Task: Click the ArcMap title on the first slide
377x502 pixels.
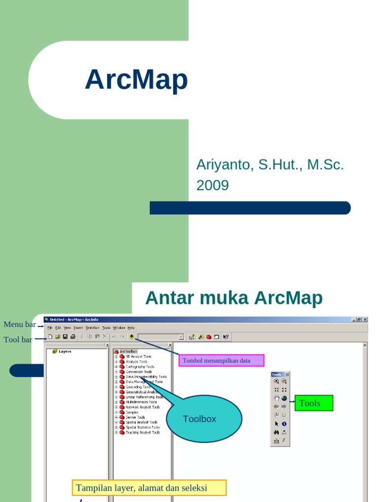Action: pos(136,80)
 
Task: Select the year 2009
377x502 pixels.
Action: pos(212,185)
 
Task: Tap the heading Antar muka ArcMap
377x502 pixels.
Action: pos(234,298)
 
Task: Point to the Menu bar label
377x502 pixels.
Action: pos(20,325)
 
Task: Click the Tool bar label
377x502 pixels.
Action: pos(18,339)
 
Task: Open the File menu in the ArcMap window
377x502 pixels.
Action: pos(50,327)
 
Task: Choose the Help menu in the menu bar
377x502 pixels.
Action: pos(131,327)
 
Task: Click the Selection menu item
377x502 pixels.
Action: pos(92,327)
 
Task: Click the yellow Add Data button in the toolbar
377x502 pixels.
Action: pos(132,337)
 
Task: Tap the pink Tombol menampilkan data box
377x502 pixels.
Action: pos(221,361)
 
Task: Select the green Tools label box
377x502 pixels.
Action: pos(314,403)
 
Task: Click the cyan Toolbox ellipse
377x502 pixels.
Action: pos(204,419)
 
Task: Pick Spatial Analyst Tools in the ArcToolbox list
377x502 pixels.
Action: pos(141,422)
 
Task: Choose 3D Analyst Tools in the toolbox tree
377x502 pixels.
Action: pos(138,356)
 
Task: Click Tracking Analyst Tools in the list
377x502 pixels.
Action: pos(142,432)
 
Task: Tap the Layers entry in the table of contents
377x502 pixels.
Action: pos(65,351)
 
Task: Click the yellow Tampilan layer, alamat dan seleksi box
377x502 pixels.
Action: pos(149,488)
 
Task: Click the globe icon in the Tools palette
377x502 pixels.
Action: pos(284,398)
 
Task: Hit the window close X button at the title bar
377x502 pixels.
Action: pos(365,320)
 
